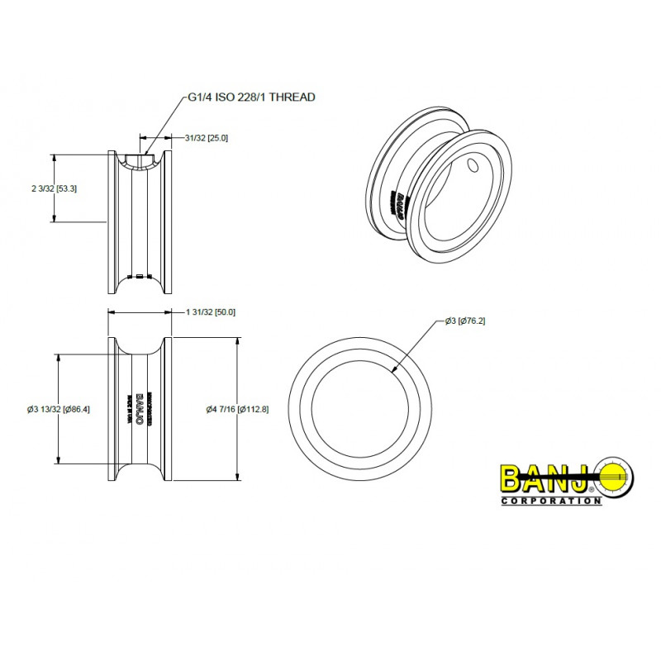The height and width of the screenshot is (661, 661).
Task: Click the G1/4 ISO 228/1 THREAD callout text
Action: (x=251, y=97)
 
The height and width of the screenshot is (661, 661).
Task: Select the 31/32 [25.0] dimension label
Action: (x=206, y=137)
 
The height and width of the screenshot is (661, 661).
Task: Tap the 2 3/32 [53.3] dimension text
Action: (x=54, y=188)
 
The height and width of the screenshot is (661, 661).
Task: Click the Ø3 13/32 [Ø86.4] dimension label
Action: (x=59, y=409)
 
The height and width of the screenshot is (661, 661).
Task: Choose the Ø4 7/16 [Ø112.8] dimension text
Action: (x=237, y=409)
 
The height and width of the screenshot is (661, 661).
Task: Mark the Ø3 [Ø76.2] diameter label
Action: (x=464, y=320)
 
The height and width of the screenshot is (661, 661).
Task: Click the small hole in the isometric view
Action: (x=473, y=166)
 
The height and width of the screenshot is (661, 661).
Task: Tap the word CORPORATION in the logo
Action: (x=550, y=501)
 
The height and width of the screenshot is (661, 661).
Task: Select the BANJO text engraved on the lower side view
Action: (x=140, y=408)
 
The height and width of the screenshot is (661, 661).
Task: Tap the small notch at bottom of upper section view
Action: (x=140, y=276)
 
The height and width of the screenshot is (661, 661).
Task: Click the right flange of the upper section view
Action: (x=168, y=221)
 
